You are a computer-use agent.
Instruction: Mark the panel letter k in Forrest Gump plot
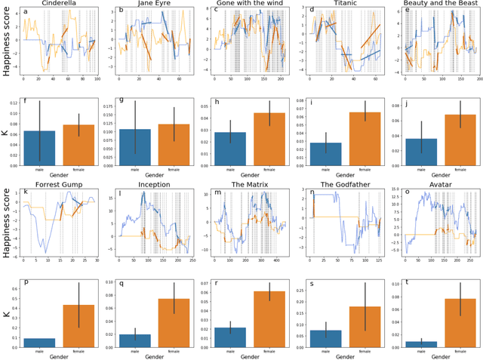coord(26,192)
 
